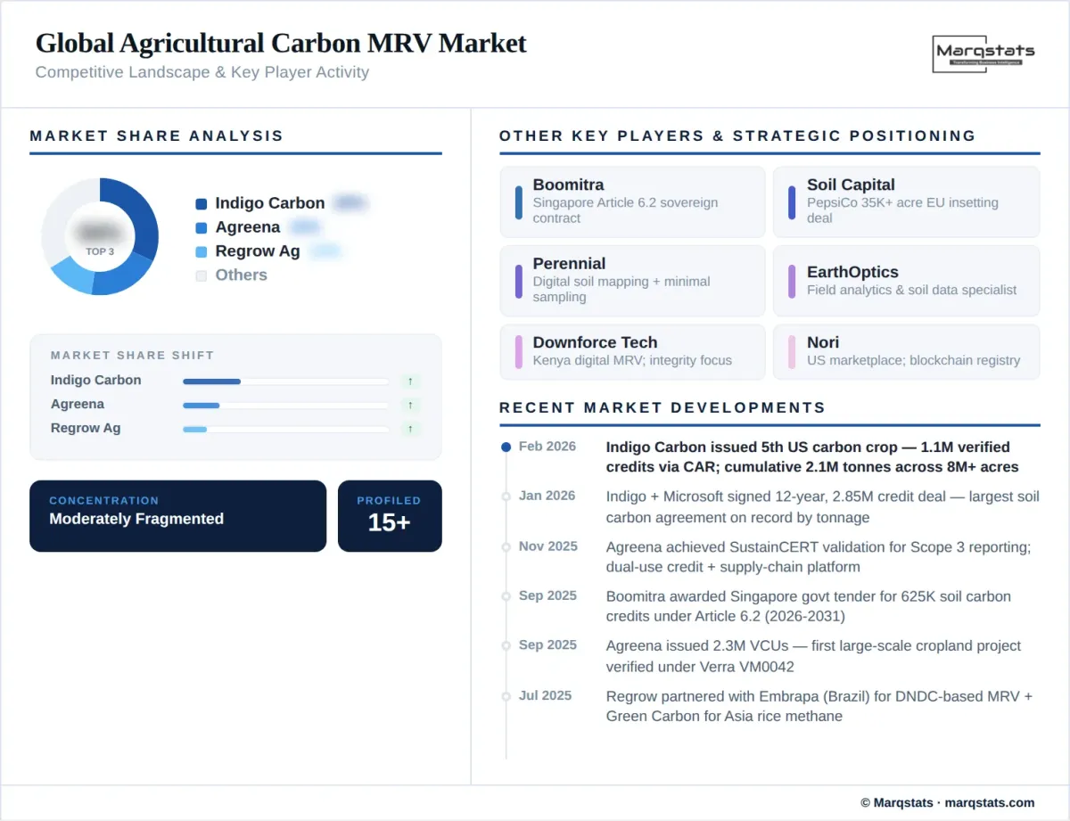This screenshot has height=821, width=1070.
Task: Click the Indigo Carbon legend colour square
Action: (202, 204)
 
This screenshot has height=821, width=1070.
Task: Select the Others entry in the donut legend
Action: (241, 275)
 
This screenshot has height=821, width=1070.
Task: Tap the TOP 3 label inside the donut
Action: (100, 251)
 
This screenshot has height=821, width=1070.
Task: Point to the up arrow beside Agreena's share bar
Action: (410, 406)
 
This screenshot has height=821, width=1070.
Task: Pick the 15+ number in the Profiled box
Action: (389, 523)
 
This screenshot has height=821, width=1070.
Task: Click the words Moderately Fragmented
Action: (136, 520)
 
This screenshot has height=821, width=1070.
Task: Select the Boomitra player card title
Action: (568, 185)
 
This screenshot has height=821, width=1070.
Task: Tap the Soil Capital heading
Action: (851, 185)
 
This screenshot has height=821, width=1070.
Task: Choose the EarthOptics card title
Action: (852, 273)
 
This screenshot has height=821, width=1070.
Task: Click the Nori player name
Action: (823, 343)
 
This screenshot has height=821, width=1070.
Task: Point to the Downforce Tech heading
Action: (595, 343)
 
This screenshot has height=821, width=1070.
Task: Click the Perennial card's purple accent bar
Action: (519, 281)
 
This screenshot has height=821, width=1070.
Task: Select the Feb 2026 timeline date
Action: (547, 447)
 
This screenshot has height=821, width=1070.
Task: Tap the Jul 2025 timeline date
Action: (545, 696)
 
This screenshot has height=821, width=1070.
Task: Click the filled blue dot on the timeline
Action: (506, 447)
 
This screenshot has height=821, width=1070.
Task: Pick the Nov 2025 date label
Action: (547, 546)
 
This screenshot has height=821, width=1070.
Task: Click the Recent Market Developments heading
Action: (663, 408)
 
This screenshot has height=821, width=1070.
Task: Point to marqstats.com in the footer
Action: (989, 803)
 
